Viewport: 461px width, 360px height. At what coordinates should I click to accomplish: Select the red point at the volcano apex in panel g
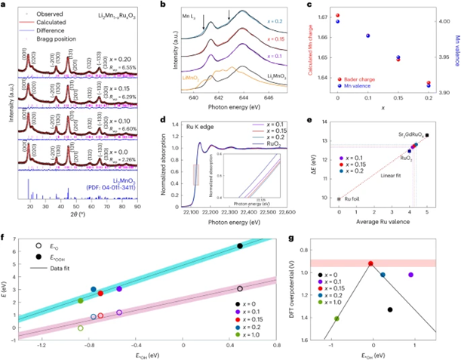[370, 263]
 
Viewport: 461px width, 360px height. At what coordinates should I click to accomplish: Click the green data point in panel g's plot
[337, 318]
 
